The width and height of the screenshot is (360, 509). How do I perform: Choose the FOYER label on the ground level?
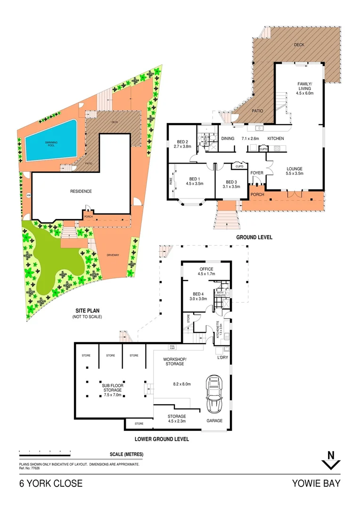[x=257, y=173]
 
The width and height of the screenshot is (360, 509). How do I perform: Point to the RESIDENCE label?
[x=81, y=191]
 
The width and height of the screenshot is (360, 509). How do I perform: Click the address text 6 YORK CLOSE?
[x=51, y=484]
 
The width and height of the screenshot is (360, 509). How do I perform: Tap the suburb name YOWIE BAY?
[x=316, y=484]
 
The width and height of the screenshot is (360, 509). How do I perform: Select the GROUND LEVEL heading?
[x=254, y=237]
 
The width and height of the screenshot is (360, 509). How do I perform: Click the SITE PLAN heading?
[x=87, y=311]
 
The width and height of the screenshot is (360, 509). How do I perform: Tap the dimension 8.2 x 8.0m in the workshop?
[x=181, y=384]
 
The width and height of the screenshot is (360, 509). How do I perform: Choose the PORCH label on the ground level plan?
[x=257, y=195]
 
